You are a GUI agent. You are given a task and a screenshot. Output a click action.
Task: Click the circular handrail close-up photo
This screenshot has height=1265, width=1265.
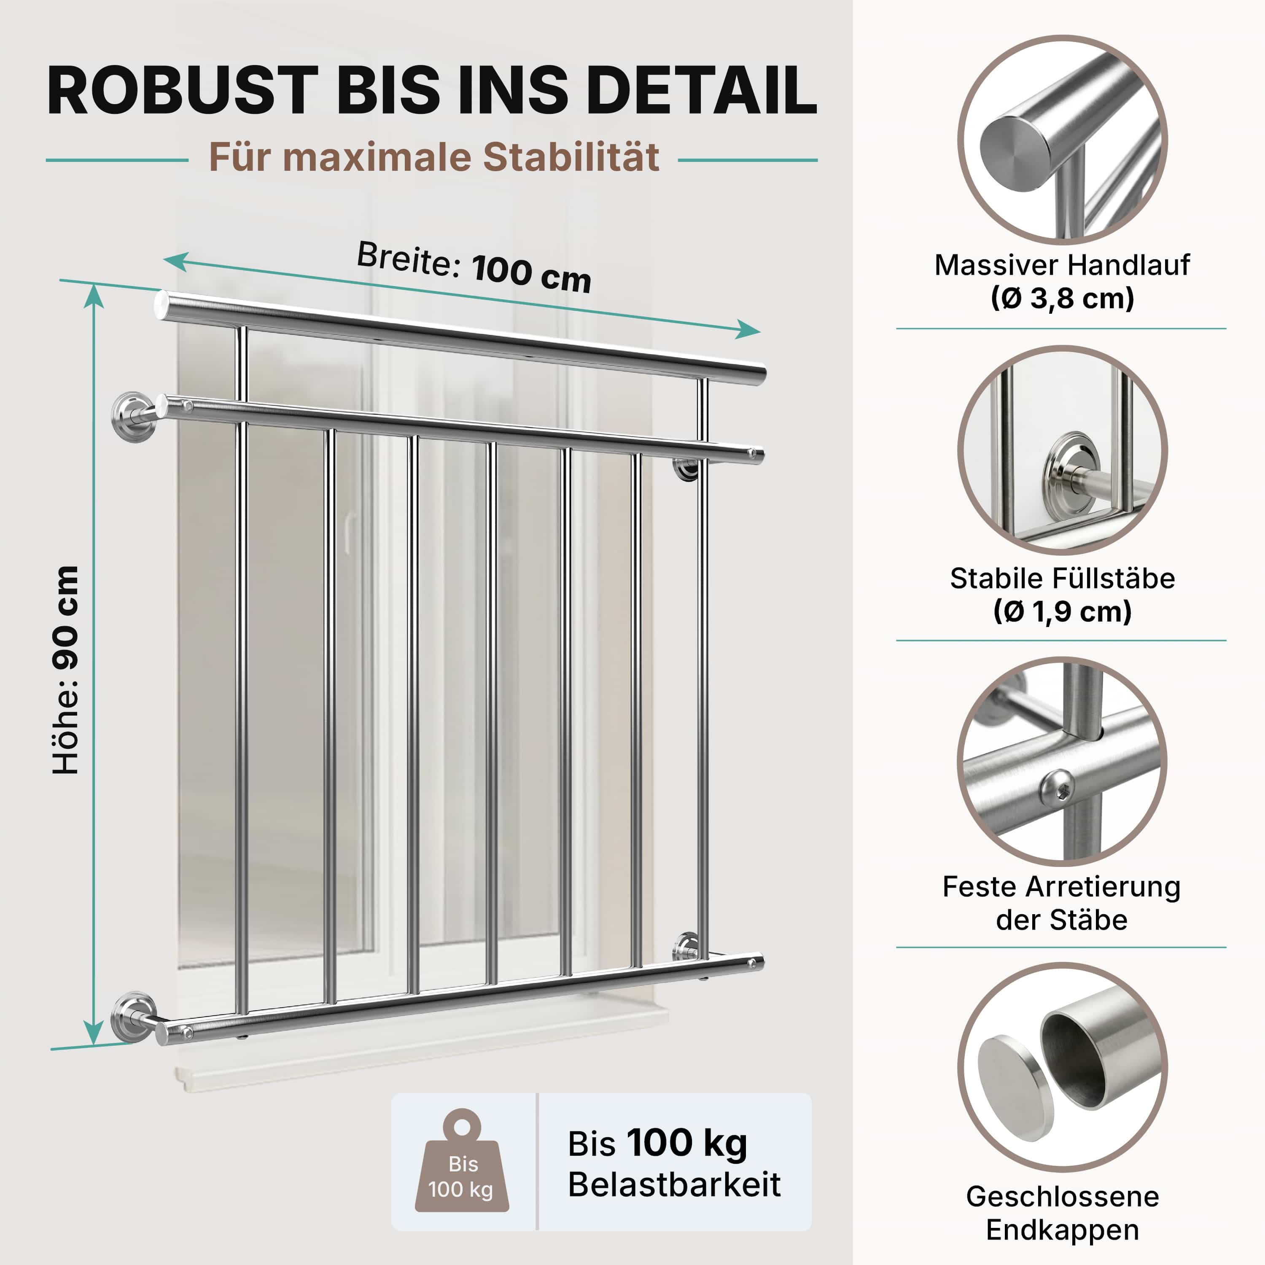(x=1062, y=140)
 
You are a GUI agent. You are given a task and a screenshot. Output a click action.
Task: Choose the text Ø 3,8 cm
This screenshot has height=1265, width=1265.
(x=1062, y=299)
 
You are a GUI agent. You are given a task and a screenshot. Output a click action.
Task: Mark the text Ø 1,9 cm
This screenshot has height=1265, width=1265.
(x=1062, y=611)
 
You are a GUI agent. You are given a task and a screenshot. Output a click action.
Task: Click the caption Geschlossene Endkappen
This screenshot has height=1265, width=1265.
(x=1062, y=1213)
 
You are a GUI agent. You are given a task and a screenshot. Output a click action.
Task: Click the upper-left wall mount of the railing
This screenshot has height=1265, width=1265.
(x=134, y=417)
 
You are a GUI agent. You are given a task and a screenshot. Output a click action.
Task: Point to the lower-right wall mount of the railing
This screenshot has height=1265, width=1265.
(x=687, y=946)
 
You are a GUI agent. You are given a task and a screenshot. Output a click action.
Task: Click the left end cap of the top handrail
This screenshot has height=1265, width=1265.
(x=161, y=306)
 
